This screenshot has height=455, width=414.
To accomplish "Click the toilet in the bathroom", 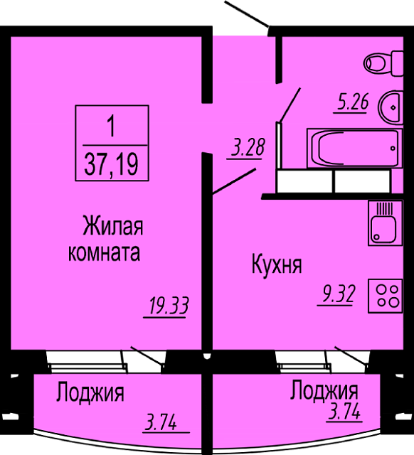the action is pyautogui.click(x=383, y=63).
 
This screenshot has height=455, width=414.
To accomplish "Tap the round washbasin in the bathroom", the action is pyautogui.click(x=391, y=107).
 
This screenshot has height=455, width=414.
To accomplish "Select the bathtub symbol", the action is pyautogui.click(x=355, y=149).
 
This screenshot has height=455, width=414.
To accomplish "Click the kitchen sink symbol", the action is pyautogui.click(x=386, y=223).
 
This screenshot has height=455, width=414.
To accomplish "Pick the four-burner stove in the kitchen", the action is pyautogui.click(x=386, y=296).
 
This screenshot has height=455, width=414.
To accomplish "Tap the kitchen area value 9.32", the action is pyautogui.click(x=336, y=295).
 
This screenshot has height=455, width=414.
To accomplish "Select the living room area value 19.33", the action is pyautogui.click(x=169, y=306).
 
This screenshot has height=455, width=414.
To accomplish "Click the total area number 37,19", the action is pyautogui.click(x=111, y=164).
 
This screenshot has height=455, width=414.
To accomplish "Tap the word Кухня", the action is pyautogui.click(x=277, y=264).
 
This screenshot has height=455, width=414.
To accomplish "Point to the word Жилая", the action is pyautogui.click(x=113, y=226).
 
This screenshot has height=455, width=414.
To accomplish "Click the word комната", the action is pyautogui.click(x=104, y=253).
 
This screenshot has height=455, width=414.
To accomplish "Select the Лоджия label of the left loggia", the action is pyautogui.click(x=90, y=393).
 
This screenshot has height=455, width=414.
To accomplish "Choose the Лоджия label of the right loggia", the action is pyautogui.click(x=324, y=390).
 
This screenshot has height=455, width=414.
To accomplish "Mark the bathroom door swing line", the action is pyautogui.click(x=290, y=105).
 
